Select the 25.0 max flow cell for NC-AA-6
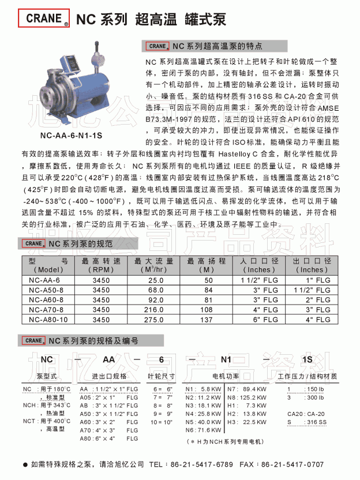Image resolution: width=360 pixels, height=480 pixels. coord(155,280)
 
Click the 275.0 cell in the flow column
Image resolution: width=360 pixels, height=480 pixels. coord(156,318)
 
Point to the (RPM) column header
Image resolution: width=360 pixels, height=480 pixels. coord(101,269)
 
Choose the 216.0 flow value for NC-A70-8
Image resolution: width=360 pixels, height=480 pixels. coord(156,309)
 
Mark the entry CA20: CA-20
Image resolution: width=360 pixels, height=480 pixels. coord(306,414)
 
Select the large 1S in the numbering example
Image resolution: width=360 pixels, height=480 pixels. coord(307,359)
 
